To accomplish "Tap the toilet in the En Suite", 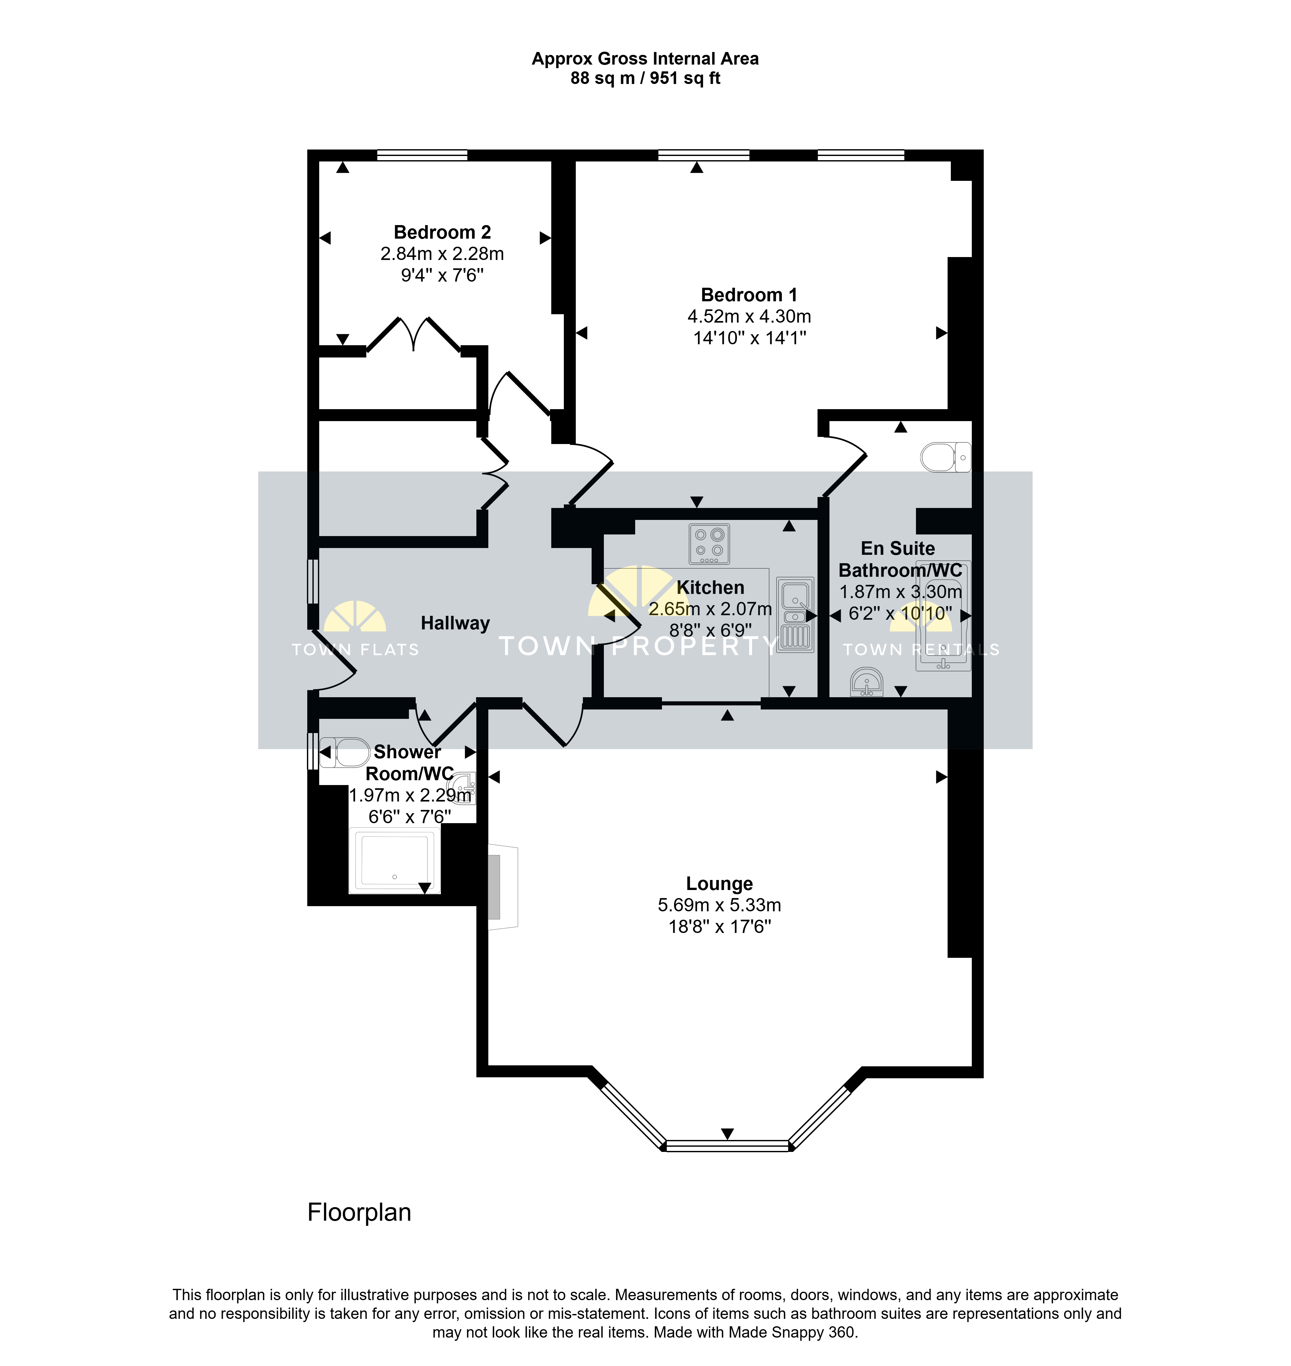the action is click(x=946, y=457).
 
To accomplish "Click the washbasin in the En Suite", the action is click(x=866, y=682).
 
